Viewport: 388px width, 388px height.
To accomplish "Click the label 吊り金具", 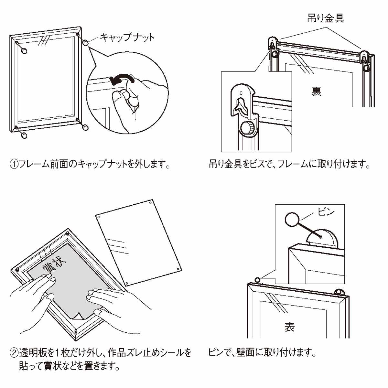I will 325,18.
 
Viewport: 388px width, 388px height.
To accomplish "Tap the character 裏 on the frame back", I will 316,91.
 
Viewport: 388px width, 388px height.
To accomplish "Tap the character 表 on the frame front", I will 289,327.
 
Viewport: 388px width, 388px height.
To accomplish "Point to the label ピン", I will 326,212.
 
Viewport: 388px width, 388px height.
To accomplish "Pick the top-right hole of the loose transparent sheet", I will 151,203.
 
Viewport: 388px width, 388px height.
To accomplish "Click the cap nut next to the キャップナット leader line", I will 86,43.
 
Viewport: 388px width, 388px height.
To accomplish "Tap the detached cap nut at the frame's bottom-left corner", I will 24,135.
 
